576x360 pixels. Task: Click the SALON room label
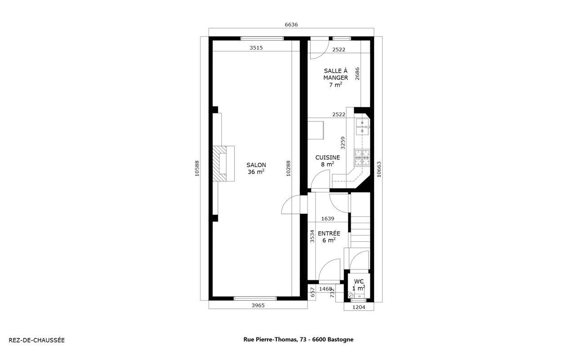point(256,165)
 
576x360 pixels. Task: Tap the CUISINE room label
point(328,157)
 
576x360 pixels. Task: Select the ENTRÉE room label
point(329,234)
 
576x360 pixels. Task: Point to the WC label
point(359,281)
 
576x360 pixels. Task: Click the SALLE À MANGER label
point(335,74)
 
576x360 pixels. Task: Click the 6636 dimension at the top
point(291,25)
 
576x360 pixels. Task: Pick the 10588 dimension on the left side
point(197,169)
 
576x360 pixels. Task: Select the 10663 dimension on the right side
point(379,169)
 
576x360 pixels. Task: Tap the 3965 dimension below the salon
point(258,306)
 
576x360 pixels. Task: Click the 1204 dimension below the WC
point(359,307)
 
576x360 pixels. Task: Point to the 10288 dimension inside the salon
point(288,169)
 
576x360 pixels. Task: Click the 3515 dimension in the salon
point(256,48)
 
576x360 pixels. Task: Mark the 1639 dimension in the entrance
point(328,219)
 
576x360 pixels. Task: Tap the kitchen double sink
point(362,127)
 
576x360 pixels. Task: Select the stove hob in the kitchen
point(362,157)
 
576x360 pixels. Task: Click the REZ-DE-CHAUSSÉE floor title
point(36,340)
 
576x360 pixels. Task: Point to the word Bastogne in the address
point(340,340)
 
